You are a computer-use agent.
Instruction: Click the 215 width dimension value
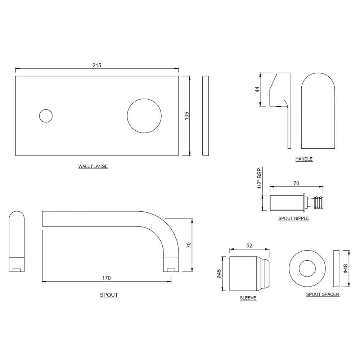[x=97, y=65]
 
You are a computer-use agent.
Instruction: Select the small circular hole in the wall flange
[x=46, y=116]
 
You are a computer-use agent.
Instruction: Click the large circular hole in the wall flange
[x=144, y=116]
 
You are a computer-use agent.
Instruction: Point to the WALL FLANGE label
[x=93, y=167]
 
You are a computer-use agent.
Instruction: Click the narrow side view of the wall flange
[x=206, y=116]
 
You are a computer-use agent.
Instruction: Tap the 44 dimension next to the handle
[x=257, y=89]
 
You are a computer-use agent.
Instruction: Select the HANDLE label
[x=304, y=159]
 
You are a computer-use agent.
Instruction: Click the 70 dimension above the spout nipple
[x=296, y=183]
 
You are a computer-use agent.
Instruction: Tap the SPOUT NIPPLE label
[x=294, y=218]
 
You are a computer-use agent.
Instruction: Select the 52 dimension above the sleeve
[x=249, y=246]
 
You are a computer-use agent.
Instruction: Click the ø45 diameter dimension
[x=219, y=274]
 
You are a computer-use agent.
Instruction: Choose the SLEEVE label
[x=248, y=298]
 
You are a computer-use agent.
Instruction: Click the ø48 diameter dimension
[x=346, y=268]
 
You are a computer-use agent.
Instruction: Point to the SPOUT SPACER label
[x=323, y=294]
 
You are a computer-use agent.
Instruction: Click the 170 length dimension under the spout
[x=106, y=278]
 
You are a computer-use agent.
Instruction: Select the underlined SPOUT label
[x=109, y=295]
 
